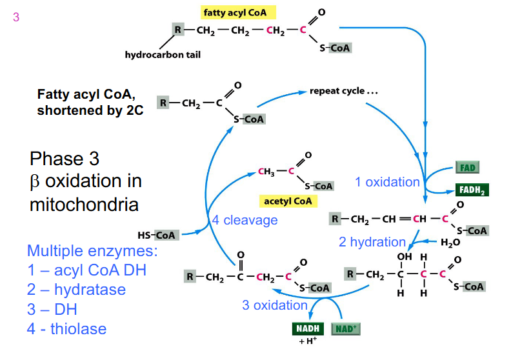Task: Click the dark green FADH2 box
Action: click(471, 190)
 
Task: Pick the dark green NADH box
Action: click(308, 328)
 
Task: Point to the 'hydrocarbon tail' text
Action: click(163, 55)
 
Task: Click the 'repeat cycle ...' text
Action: click(343, 91)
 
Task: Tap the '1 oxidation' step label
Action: click(387, 182)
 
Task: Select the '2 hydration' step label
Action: click(372, 242)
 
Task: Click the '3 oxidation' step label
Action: click(275, 305)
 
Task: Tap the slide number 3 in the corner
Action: click(16, 18)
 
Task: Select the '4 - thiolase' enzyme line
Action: click(66, 328)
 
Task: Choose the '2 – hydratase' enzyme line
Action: click(76, 289)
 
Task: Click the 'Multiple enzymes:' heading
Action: click(92, 251)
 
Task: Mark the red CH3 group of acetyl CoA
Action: click(266, 172)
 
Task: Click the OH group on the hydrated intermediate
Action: click(404, 257)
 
